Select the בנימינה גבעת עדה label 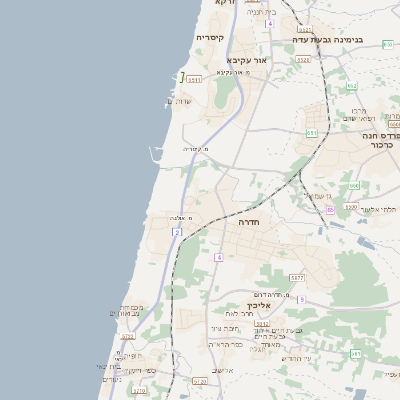pos(327,39)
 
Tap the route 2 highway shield pos(177,232)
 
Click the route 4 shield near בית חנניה pos(270,22)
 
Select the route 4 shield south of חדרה pos(217,257)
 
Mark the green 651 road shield pos(312,132)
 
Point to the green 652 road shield pos(352,86)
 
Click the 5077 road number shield pos(297,277)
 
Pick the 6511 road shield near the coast pos(194,78)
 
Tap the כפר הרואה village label pos(225,344)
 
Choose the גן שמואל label pos(323,196)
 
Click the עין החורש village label pos(297,358)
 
